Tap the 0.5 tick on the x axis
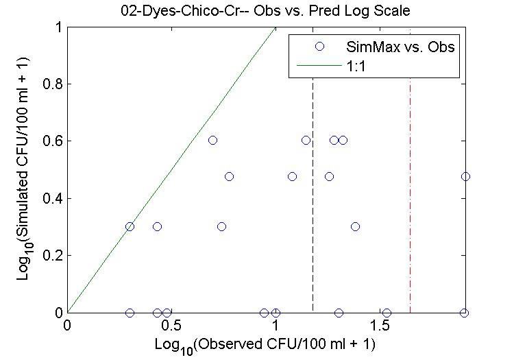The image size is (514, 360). click(171, 323)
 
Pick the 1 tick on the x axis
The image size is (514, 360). click(276, 323)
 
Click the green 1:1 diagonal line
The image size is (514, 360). click(171, 170)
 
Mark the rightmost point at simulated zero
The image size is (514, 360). click(465, 313)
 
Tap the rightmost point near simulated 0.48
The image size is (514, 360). click(465, 176)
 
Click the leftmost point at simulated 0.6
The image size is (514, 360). click(212, 140)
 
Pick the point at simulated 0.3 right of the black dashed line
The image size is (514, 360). click(355, 226)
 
